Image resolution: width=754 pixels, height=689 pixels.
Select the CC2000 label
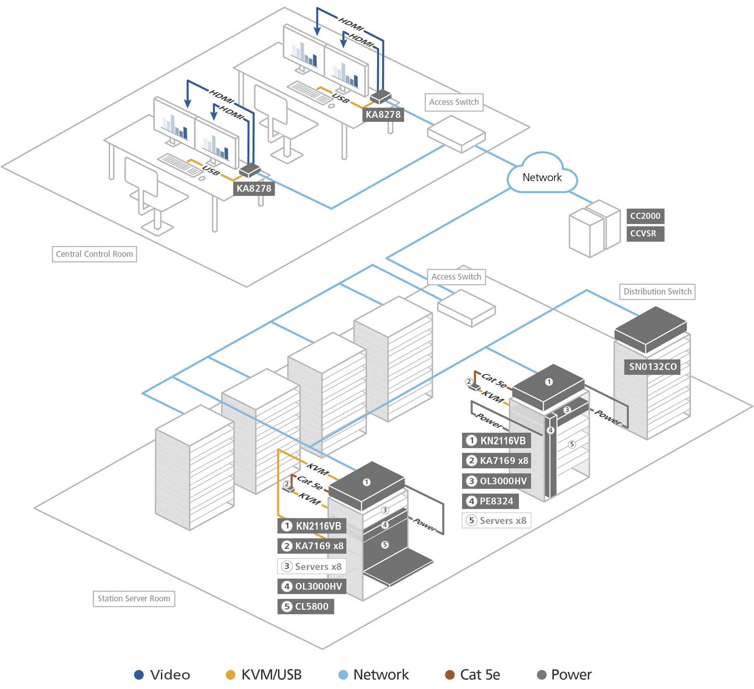coord(645,216)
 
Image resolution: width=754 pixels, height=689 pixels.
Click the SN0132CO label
coord(652,367)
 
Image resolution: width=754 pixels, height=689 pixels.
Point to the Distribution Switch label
coord(657,292)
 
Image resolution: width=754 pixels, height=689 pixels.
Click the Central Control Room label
coord(94,254)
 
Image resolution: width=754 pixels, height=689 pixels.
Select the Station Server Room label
coord(134,598)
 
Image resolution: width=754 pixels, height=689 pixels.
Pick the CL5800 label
coord(305,606)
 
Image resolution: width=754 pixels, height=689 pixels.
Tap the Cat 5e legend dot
coord(450,675)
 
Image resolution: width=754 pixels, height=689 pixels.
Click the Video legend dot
coord(139,675)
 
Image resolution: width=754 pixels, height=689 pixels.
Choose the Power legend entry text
coord(571,675)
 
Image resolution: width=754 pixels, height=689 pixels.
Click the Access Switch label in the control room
coord(454,102)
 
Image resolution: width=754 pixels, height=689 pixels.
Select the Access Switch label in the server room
coord(456,277)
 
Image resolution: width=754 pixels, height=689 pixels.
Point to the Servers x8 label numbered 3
coord(312,566)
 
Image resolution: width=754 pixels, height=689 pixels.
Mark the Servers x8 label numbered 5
coord(496,521)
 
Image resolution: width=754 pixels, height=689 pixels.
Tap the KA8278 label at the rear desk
coord(383,114)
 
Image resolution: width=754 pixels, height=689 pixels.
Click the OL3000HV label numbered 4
coord(312,586)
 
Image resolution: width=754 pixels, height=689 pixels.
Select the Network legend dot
coord(343,675)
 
